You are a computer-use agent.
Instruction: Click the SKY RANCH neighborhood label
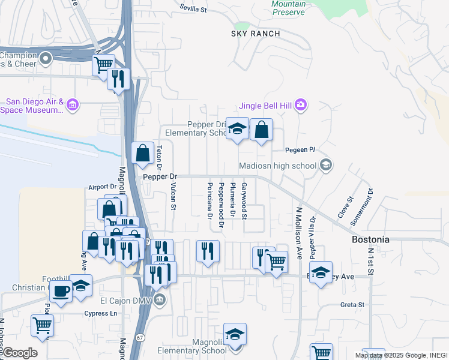pyautogui.click(x=256, y=34)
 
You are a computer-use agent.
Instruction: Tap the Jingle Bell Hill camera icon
pyautogui.click(x=301, y=106)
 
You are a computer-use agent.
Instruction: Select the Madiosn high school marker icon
pyautogui.click(x=326, y=165)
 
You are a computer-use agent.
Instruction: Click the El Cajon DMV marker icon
pyautogui.click(x=158, y=301)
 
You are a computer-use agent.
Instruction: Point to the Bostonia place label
pyautogui.click(x=370, y=239)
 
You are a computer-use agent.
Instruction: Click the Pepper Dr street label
pyautogui.click(x=160, y=176)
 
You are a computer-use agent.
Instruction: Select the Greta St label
pyautogui.click(x=352, y=305)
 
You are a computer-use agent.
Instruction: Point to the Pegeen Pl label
pyautogui.click(x=300, y=149)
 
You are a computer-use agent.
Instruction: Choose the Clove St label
pyautogui.click(x=346, y=208)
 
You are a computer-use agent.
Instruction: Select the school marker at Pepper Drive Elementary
pyautogui.click(x=238, y=128)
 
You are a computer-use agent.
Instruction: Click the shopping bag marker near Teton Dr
pyautogui.click(x=142, y=154)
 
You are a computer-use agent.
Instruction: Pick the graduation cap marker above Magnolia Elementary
pyautogui.click(x=235, y=334)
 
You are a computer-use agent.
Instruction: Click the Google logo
pyautogui.click(x=19, y=353)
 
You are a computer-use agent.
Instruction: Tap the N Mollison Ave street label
pyautogui.click(x=297, y=225)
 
